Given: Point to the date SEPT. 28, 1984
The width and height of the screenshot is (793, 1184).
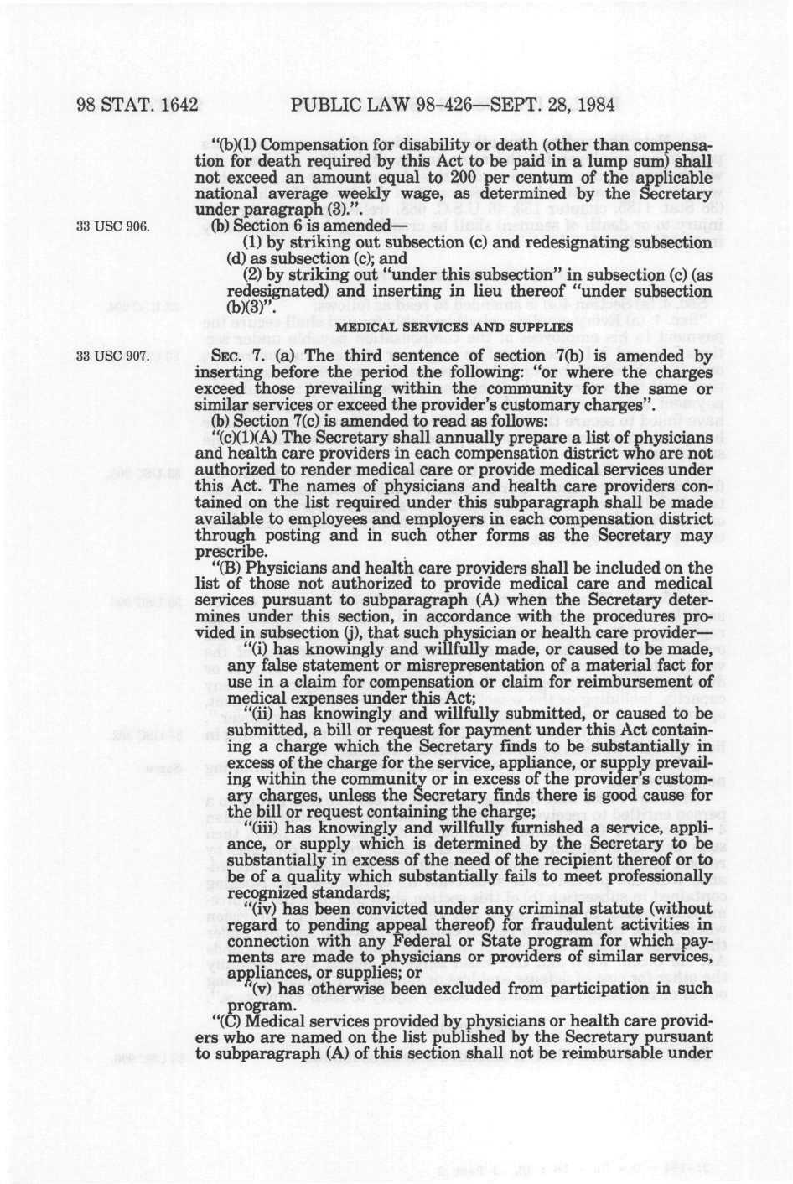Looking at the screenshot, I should (552, 106).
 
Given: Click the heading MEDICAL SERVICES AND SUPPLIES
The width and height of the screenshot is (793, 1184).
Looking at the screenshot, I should (454, 326).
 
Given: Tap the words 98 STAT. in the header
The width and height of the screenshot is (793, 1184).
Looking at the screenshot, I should (115, 106).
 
